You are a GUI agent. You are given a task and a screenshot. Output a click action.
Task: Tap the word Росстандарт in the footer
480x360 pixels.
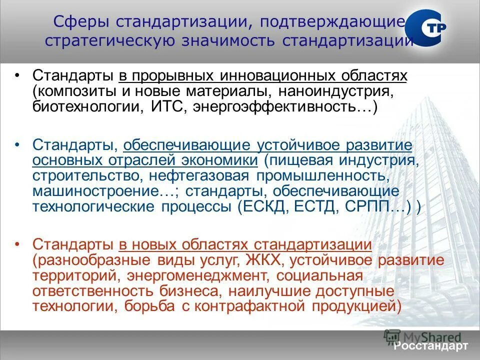(430, 346)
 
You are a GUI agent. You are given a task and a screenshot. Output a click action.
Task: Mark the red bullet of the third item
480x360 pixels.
(18, 245)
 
